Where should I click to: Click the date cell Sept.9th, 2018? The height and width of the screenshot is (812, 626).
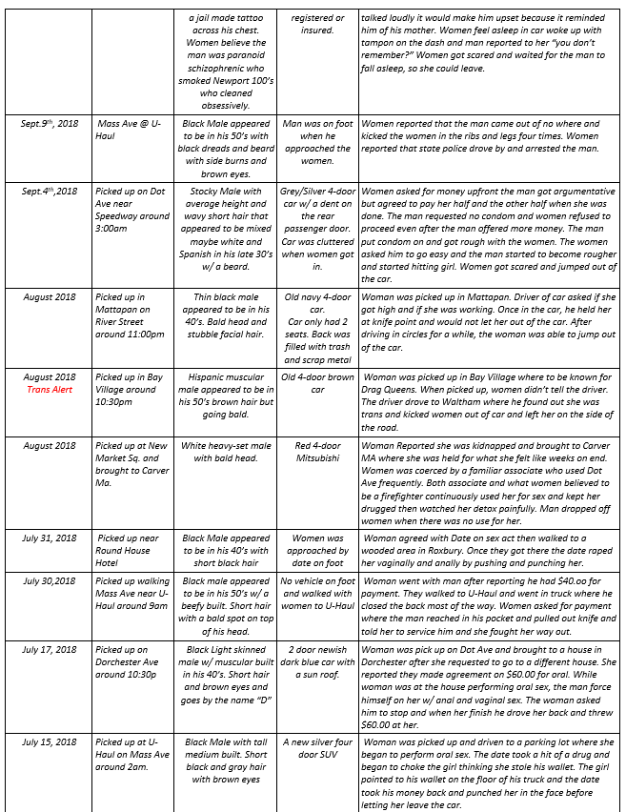[x=52, y=124]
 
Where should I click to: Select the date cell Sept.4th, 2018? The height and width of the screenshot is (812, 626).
[x=52, y=192]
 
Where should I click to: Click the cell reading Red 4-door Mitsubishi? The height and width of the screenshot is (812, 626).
[x=318, y=452]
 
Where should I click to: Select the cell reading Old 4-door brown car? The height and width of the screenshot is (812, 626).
[x=318, y=383]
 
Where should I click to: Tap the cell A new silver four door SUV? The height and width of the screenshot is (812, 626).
[x=318, y=748]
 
